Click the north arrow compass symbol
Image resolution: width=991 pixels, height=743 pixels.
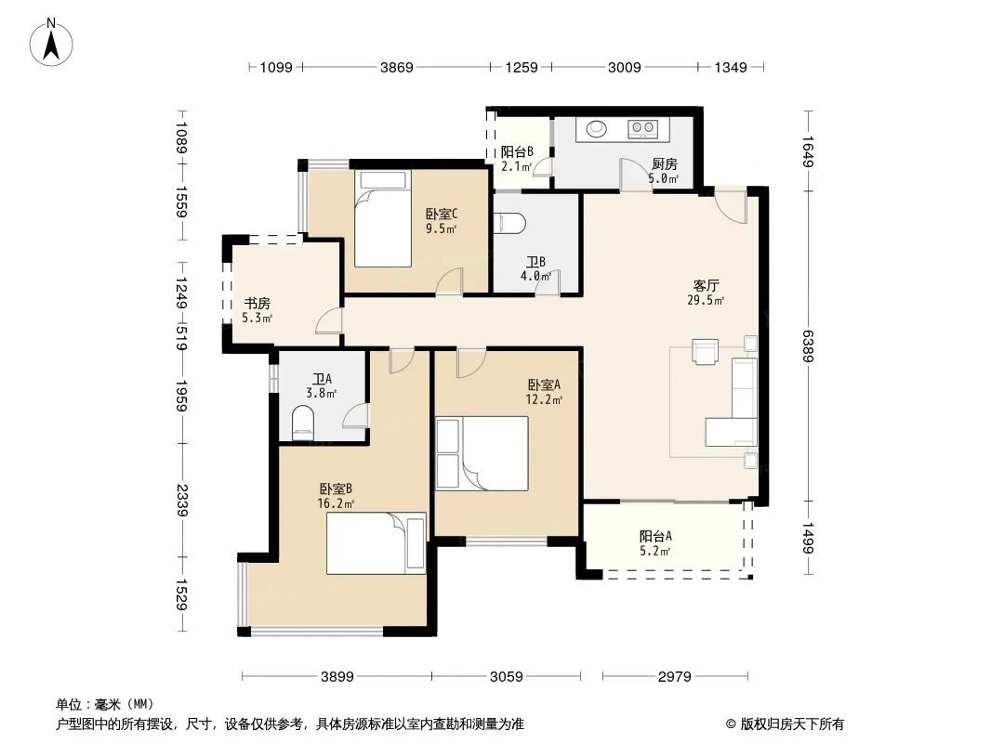click(x=51, y=43)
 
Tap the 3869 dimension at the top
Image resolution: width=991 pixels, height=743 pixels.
click(x=396, y=67)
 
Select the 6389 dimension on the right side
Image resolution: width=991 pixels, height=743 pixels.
click(x=808, y=345)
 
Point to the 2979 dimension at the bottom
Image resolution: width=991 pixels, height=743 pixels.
click(x=674, y=677)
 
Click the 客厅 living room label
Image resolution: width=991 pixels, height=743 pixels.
click(x=706, y=286)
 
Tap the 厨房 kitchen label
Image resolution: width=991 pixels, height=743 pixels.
click(x=665, y=164)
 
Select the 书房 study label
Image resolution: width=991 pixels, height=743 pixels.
click(x=258, y=304)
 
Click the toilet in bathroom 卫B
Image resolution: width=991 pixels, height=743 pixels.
click(x=510, y=223)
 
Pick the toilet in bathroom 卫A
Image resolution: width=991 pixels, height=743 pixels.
click(x=303, y=423)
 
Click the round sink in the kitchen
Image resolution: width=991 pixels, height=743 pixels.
click(x=596, y=129)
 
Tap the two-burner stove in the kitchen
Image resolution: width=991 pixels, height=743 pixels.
click(x=642, y=129)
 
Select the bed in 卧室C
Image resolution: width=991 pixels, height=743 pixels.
click(x=383, y=218)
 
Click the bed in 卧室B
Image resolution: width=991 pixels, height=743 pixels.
click(x=377, y=543)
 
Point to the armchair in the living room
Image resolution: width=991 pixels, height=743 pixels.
click(x=706, y=352)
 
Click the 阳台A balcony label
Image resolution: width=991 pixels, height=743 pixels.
click(x=655, y=537)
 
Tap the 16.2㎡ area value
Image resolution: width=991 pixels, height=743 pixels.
click(x=336, y=503)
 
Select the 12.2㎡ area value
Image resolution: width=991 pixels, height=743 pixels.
click(x=544, y=399)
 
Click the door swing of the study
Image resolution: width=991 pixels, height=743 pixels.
click(x=329, y=320)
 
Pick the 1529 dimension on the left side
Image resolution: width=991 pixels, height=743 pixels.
click(x=181, y=594)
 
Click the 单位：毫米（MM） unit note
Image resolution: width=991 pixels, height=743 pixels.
click(x=105, y=704)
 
